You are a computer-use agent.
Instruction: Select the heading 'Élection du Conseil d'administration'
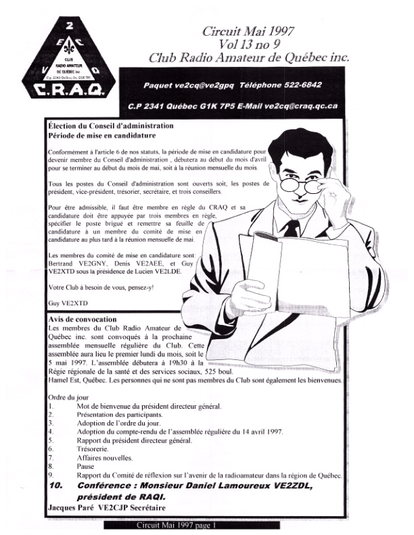click(x=111, y=126)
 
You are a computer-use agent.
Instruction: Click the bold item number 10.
click(x=57, y=485)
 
